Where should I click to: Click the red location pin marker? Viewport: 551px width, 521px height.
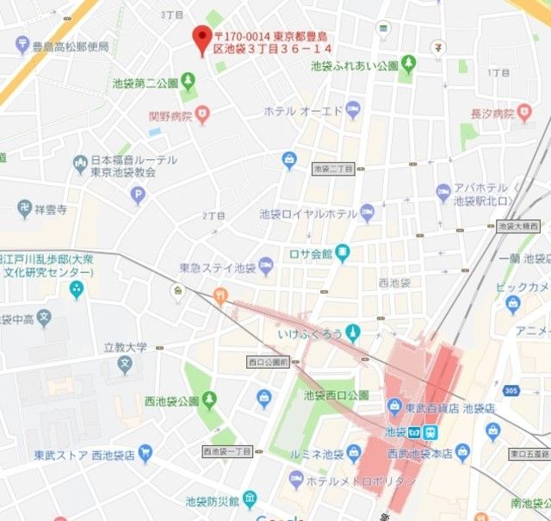coord(202,39)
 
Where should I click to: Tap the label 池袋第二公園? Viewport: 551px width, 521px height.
coord(145,84)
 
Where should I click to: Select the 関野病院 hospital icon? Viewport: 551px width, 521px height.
coord(202,113)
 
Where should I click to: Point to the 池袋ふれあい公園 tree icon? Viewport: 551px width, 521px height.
coord(407,63)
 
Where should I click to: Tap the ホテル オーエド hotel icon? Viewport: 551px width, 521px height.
coord(353,110)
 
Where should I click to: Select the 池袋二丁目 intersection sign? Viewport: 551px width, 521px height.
coord(333,169)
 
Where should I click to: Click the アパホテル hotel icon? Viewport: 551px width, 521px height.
coord(443,192)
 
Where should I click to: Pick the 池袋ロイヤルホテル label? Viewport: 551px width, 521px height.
coord(307,213)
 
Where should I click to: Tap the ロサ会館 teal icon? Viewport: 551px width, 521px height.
coord(344,253)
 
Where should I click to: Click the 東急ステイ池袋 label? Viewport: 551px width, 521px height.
coord(217,269)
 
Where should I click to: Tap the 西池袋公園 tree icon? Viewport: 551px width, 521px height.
coord(208,400)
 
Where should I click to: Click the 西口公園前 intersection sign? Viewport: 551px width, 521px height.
coord(266,362)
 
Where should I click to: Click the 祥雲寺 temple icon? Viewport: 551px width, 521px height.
coord(23,208)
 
